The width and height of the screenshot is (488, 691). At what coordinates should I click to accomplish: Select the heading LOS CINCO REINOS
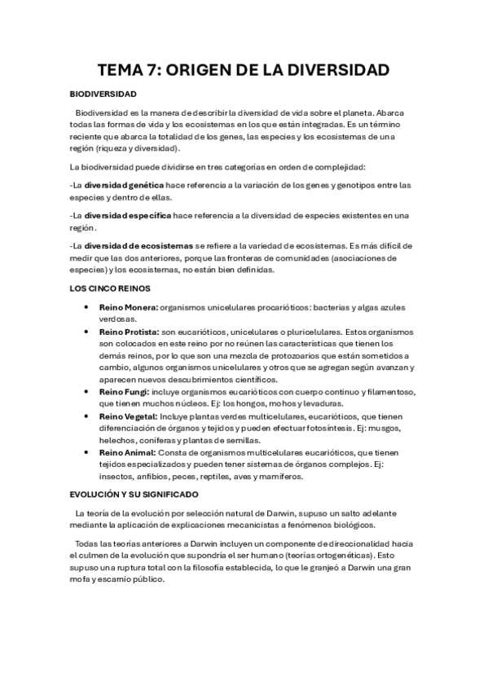(x=110, y=288)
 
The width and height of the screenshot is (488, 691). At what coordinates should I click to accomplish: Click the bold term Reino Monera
(x=129, y=307)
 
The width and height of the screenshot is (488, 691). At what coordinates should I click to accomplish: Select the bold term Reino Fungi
(x=124, y=392)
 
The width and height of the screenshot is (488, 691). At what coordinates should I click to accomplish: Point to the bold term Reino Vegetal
(x=129, y=416)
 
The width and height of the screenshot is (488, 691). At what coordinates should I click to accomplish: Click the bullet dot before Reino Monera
(x=86, y=307)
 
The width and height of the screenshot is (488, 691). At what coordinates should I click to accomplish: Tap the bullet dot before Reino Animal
(x=86, y=451)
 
